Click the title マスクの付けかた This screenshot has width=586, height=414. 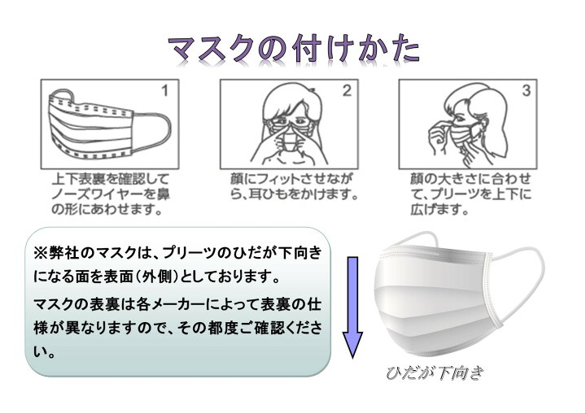click(x=293, y=49)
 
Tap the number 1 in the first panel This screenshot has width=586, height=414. click(x=164, y=91)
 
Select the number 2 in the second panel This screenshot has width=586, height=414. click(x=347, y=90)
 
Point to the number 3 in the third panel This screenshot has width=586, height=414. click(x=527, y=90)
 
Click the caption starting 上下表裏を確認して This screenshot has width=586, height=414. click(x=111, y=194)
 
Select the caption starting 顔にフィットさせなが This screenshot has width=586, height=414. click(x=294, y=186)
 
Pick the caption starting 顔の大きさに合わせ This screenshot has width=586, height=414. click(x=470, y=194)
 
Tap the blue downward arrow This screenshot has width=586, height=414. click(x=352, y=307)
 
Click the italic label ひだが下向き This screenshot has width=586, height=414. click(x=435, y=373)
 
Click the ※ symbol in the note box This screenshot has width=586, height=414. click(x=41, y=253)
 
